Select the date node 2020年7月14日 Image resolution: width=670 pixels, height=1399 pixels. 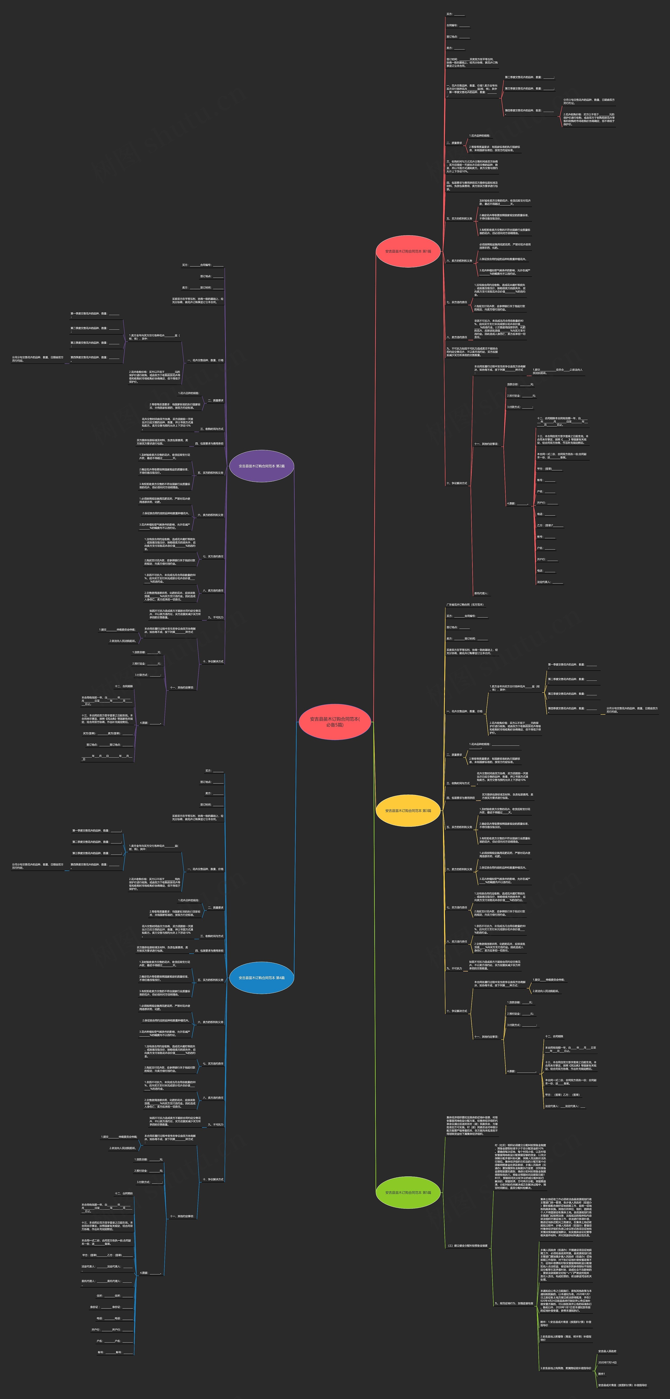[x=607, y=1362]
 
